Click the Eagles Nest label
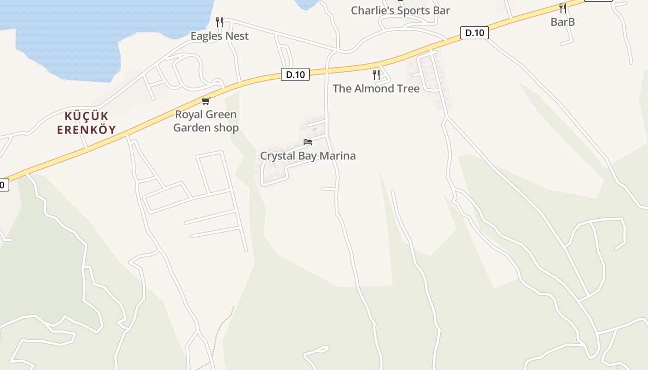click(219, 36)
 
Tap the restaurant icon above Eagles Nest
click(219, 22)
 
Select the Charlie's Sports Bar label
click(400, 11)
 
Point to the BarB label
click(562, 22)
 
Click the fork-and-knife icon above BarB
click(562, 8)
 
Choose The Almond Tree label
click(376, 88)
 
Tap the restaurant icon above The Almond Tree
click(376, 74)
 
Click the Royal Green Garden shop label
click(206, 121)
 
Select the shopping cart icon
click(206, 101)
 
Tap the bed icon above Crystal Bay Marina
click(308, 142)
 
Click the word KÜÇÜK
click(86, 116)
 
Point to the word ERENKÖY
click(86, 130)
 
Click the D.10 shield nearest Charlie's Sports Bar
click(474, 33)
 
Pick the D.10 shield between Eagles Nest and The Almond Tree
click(295, 74)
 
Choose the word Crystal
click(277, 156)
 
